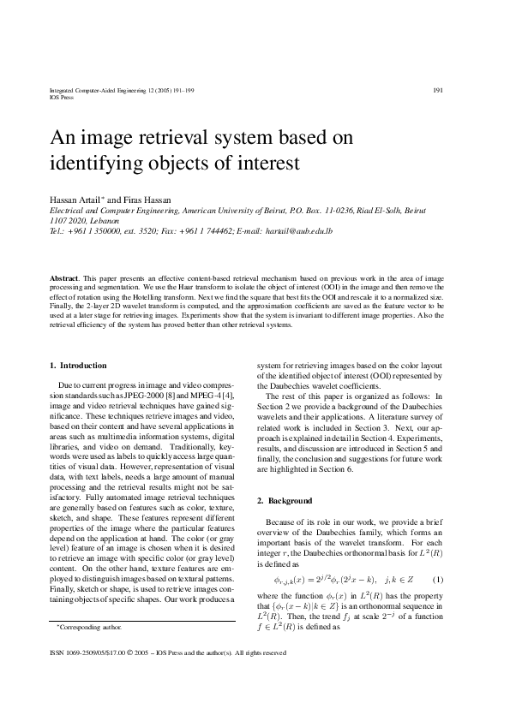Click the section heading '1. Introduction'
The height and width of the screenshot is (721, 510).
pyautogui.click(x=79, y=365)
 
